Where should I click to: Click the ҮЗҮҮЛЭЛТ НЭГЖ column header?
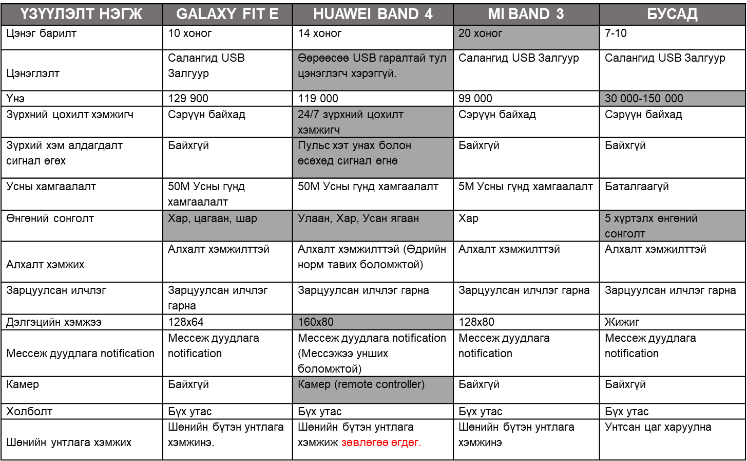82,14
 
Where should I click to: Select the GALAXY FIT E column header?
227,14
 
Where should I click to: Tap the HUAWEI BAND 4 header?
373,14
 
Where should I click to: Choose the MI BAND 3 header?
526,14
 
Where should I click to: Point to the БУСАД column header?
672,14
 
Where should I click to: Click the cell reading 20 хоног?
526,38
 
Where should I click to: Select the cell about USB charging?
373,70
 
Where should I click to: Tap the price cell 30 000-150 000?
672,99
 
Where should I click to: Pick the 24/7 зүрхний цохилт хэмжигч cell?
373,122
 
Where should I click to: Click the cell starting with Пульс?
373,157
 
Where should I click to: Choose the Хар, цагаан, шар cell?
227,225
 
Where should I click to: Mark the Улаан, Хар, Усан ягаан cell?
373,225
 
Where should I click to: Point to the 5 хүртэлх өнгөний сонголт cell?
672,225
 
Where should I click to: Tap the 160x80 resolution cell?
373,322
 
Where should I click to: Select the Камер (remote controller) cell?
373,390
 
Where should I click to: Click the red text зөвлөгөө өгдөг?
381,442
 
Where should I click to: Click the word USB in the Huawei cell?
364,58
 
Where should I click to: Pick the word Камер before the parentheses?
314,384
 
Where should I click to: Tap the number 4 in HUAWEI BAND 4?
428,14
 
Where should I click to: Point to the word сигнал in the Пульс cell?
354,161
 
